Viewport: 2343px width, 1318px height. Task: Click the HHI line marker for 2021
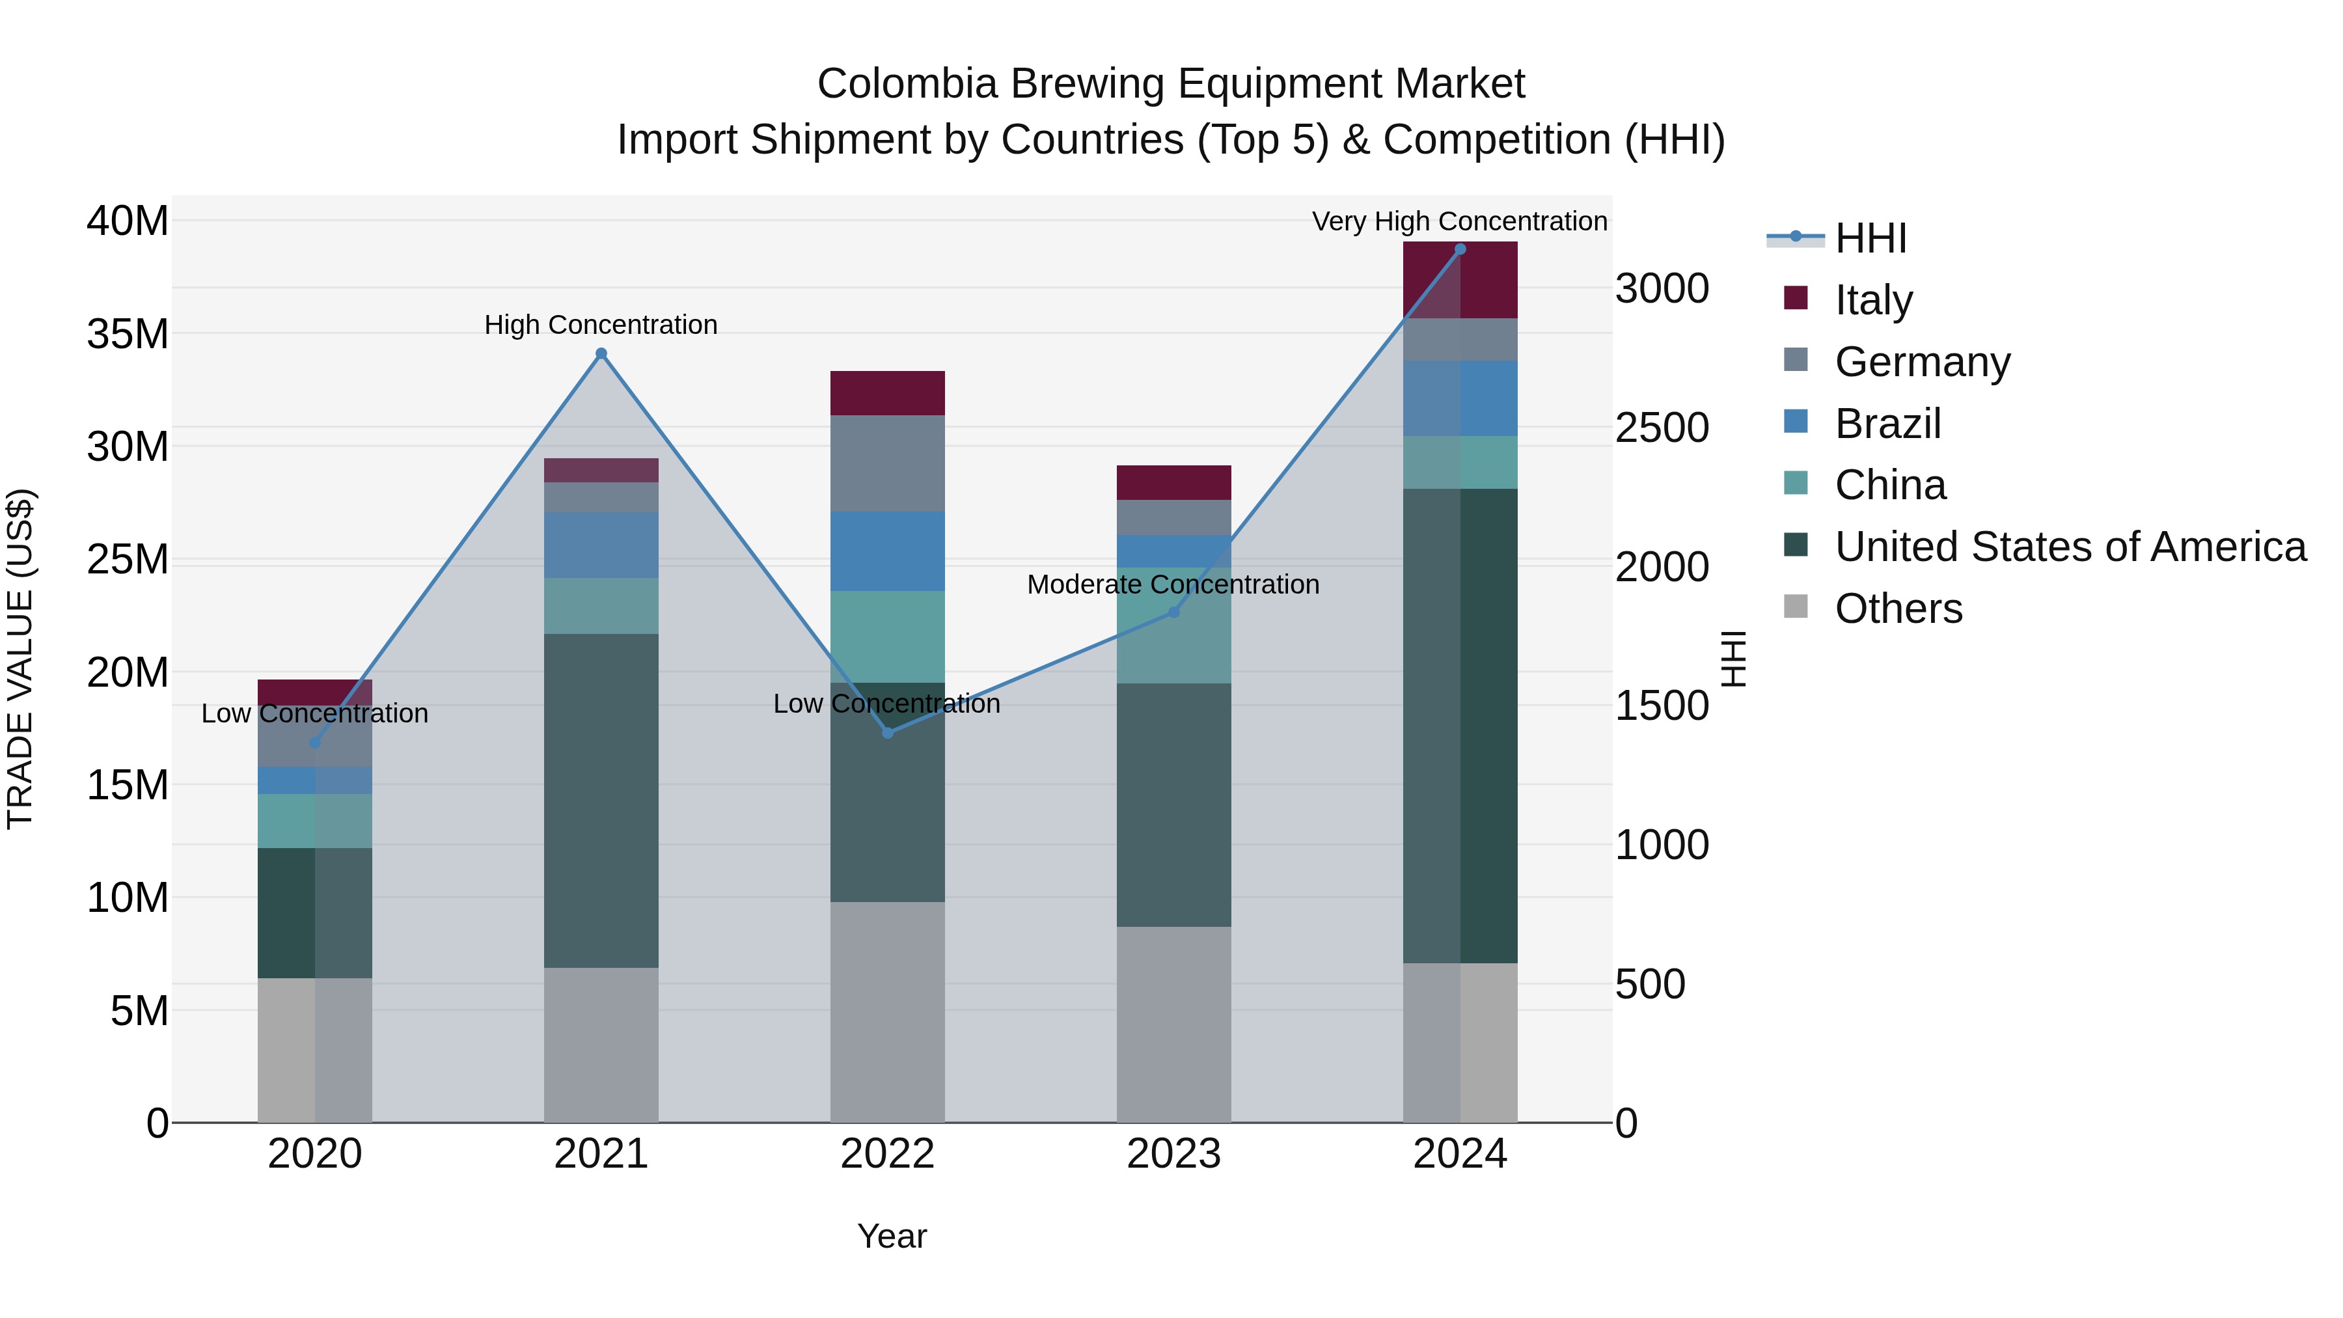(601, 354)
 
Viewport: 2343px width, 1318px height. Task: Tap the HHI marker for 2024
(1460, 249)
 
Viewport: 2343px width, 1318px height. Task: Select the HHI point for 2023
(1173, 612)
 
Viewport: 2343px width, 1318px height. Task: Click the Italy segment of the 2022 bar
(887, 393)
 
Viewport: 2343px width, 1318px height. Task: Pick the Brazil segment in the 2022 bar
(887, 551)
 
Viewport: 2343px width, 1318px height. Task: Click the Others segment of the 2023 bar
(1173, 1024)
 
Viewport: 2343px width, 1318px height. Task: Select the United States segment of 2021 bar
(601, 801)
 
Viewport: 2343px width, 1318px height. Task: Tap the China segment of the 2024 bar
(1460, 462)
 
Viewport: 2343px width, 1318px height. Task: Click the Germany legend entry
(1921, 362)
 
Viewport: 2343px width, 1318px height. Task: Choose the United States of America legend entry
(2069, 547)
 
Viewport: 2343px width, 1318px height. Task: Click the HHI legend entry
(1869, 238)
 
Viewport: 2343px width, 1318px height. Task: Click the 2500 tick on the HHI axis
(1662, 428)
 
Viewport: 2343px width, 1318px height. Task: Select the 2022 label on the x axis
(887, 1153)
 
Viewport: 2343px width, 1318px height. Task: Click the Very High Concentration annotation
(1459, 221)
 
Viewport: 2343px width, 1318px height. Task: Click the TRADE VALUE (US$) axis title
(20, 659)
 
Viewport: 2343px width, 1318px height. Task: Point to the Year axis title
(892, 1236)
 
